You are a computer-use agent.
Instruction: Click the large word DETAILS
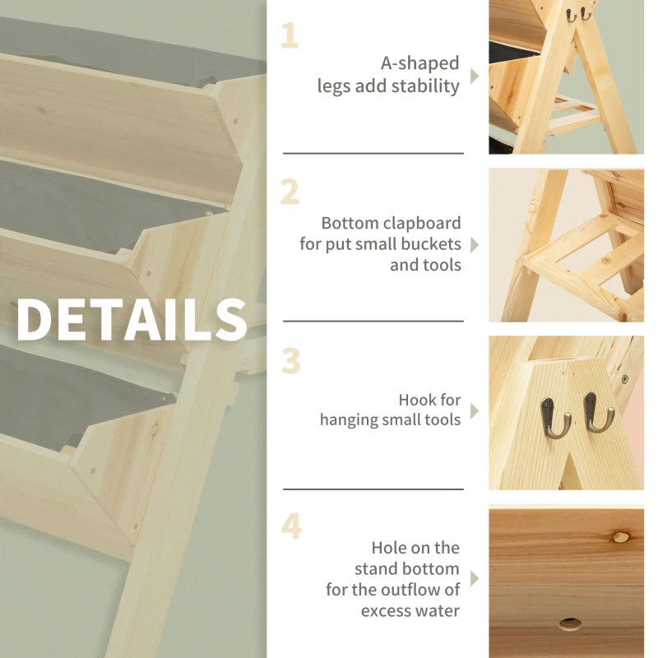132,319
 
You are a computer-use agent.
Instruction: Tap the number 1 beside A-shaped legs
289,37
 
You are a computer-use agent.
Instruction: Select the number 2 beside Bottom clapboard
290,192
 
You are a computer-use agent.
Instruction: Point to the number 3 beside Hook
290,360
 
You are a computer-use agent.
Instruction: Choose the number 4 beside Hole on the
291,526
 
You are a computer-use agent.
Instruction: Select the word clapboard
420,223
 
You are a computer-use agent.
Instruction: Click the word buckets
431,244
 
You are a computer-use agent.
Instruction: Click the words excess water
410,610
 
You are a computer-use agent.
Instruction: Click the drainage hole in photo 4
569,624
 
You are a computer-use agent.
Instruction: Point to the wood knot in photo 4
621,536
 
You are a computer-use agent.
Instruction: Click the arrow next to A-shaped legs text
475,76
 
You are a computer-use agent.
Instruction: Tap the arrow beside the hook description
475,410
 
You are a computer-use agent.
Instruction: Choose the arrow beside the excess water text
475,578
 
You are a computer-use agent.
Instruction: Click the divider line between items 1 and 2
373,153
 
